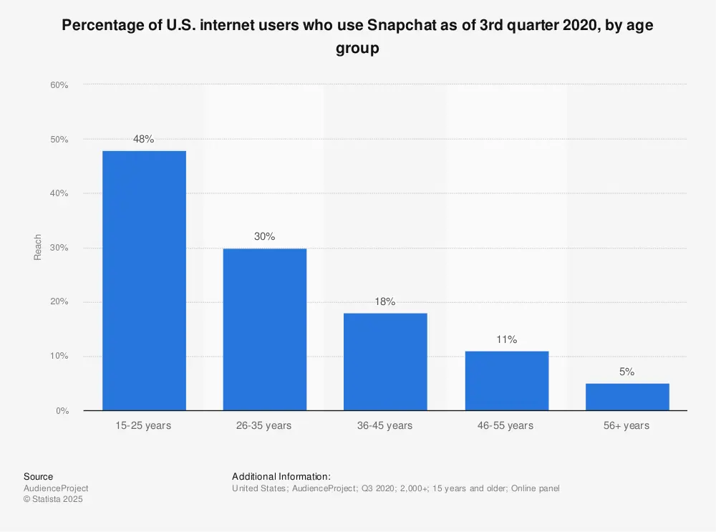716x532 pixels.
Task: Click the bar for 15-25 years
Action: [x=144, y=281]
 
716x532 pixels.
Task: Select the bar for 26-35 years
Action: [x=265, y=329]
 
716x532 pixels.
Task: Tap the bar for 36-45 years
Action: [x=385, y=362]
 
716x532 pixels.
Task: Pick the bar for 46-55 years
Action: [x=506, y=381]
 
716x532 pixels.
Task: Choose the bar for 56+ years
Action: [x=627, y=397]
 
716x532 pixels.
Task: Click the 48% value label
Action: [x=144, y=139]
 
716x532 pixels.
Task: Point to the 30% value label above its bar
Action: [x=265, y=236]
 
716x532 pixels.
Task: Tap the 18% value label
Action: [x=385, y=301]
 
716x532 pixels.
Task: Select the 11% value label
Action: [x=506, y=339]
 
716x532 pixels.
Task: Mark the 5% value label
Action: [x=627, y=372]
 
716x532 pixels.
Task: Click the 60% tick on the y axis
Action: [x=59, y=85]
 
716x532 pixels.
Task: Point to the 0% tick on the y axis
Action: [x=62, y=411]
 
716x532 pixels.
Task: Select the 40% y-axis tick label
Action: [x=59, y=193]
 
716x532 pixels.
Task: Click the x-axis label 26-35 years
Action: [x=265, y=425]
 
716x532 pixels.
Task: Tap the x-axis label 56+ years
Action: [x=627, y=425]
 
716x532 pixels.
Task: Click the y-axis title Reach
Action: [x=38, y=247]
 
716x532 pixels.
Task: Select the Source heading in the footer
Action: [x=38, y=477]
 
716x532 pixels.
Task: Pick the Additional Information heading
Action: [x=281, y=477]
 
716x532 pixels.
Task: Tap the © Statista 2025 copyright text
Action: [x=53, y=499]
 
